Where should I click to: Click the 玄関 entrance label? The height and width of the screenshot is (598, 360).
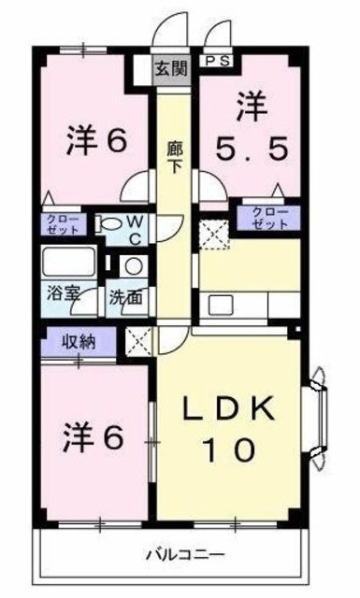pyautogui.click(x=170, y=68)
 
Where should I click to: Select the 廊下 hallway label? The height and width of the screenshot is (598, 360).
pyautogui.click(x=173, y=154)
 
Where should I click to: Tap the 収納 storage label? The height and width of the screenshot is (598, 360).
pyautogui.click(x=80, y=341)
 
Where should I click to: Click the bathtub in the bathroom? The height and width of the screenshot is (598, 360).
pyautogui.click(x=67, y=262)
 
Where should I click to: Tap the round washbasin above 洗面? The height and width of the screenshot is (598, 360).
pyautogui.click(x=132, y=267)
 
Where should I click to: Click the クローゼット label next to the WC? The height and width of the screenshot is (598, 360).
pyautogui.click(x=64, y=224)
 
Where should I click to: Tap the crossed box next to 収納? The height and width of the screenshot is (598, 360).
pyautogui.click(x=138, y=342)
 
